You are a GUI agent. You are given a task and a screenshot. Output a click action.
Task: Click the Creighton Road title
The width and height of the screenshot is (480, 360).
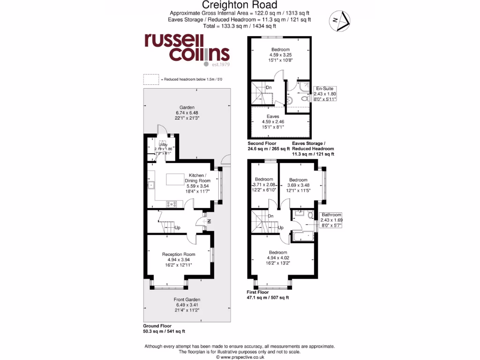(x=240, y=5)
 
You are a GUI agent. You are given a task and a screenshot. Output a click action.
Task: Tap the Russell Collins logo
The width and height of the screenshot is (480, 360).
(x=186, y=49)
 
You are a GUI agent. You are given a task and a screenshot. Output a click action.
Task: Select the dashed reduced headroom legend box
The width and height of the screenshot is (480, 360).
(x=150, y=79)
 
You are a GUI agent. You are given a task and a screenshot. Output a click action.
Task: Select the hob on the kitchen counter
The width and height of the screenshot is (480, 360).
(x=171, y=203)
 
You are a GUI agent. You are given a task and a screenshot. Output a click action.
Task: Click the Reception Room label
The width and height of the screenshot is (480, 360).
(x=179, y=255)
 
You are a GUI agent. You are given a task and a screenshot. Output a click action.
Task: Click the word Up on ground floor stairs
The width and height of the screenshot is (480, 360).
(x=178, y=228)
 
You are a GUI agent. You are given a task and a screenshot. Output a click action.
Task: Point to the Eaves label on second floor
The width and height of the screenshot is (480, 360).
(x=273, y=116)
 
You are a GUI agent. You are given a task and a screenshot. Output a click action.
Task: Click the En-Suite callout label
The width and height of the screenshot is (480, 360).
(x=325, y=88)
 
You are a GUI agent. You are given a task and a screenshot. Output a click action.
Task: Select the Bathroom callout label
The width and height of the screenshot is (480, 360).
(x=331, y=214)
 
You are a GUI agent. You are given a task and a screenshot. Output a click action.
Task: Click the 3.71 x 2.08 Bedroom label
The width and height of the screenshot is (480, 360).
(x=264, y=180)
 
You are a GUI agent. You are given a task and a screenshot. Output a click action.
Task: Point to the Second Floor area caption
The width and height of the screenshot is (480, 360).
(x=262, y=143)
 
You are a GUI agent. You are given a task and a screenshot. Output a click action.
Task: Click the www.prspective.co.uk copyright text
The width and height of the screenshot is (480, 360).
(x=240, y=357)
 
